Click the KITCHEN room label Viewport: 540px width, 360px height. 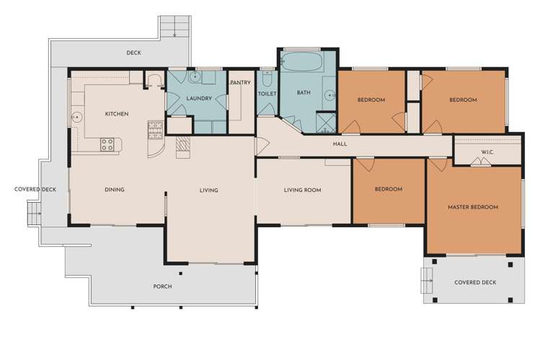117,114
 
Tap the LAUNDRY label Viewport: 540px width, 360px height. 199,99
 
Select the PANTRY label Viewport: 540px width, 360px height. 240,83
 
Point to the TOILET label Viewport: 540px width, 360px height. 267,94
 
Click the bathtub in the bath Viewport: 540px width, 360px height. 301,61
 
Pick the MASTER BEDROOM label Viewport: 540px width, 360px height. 473,207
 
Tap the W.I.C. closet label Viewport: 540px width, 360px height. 487,152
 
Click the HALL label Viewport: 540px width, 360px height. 340,144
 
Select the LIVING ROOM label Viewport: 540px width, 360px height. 302,190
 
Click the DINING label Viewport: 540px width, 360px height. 115,190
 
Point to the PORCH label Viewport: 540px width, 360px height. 162,286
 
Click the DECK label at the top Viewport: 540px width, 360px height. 133,53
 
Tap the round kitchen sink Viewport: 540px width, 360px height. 77,118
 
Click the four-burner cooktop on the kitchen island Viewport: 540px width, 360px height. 107,145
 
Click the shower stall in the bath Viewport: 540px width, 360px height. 325,123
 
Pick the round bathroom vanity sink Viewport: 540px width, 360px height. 330,95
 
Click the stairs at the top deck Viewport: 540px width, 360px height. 174,27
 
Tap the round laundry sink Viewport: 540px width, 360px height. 195,76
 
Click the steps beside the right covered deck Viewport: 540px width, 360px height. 427,281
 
